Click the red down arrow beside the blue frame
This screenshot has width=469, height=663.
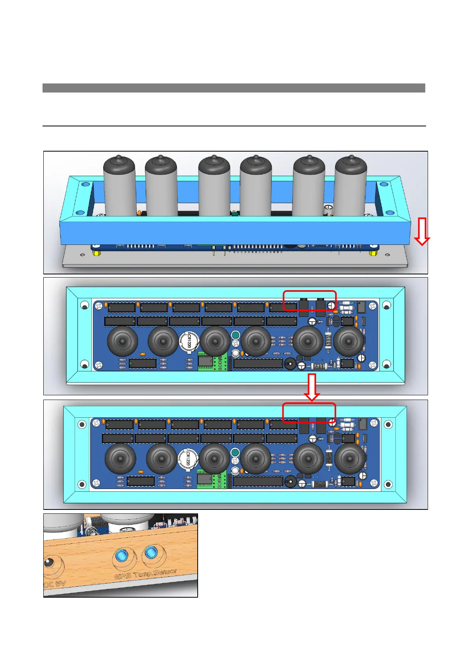[x=422, y=232]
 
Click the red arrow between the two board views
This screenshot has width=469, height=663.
[x=312, y=387]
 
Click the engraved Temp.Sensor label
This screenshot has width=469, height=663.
[x=156, y=573]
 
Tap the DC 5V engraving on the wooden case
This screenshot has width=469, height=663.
[x=54, y=584]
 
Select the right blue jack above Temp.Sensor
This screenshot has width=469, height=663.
[x=150, y=552]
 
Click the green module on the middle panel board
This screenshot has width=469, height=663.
[x=206, y=362]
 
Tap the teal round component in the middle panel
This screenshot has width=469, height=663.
[x=235, y=335]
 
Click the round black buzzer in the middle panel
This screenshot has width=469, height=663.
[x=290, y=364]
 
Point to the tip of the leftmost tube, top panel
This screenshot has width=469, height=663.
[x=119, y=159]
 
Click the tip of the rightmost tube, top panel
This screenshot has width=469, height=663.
[x=350, y=159]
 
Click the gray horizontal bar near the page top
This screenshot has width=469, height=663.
[x=234, y=88]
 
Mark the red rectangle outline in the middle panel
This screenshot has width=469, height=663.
[x=310, y=292]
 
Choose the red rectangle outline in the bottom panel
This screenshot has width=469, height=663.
[x=309, y=404]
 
